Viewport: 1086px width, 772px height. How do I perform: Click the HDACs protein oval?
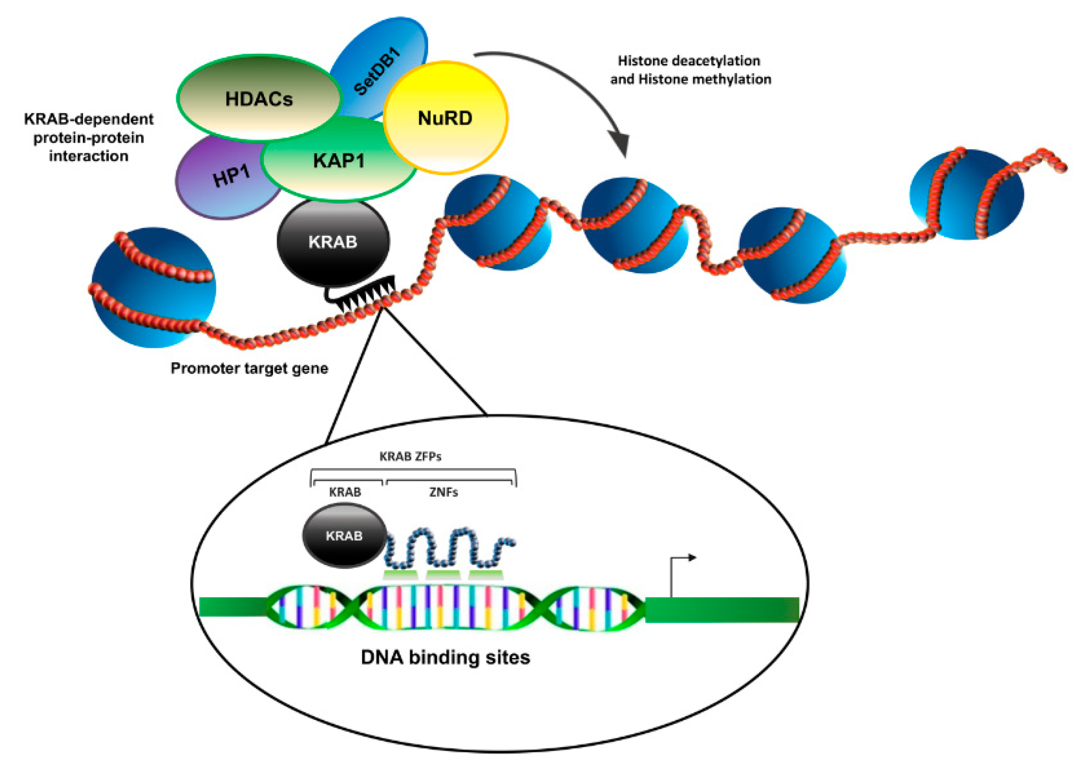259,99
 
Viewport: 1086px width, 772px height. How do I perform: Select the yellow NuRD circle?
445,118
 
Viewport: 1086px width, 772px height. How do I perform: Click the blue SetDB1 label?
378,71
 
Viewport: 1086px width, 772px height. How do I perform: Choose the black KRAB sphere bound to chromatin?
333,242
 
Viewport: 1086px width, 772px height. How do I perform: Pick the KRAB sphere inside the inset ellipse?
344,535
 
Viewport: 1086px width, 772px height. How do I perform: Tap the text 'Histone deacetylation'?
689,61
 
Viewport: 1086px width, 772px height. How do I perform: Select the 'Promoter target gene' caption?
249,368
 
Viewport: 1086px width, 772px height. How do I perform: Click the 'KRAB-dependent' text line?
89,119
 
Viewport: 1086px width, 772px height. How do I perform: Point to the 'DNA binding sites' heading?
445,657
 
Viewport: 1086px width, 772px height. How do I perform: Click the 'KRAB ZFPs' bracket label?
410,456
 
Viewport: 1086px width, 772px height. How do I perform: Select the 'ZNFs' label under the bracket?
443,492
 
